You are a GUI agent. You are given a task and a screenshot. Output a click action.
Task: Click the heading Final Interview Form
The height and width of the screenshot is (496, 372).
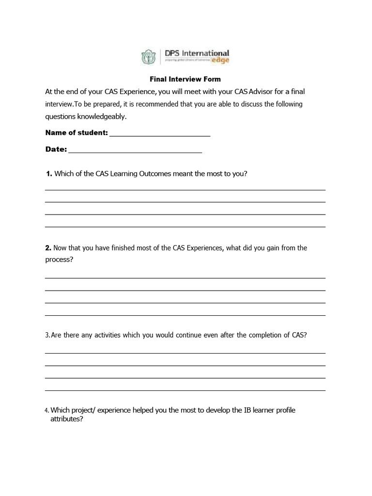point(186,79)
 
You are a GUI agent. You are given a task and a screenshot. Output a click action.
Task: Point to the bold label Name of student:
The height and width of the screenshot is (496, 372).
point(77,133)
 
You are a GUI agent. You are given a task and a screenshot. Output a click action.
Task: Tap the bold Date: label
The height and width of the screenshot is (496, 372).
point(56,149)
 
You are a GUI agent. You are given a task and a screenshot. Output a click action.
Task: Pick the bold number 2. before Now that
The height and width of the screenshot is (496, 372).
point(48,248)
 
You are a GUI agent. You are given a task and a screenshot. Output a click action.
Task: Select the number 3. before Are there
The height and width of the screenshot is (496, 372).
point(47,335)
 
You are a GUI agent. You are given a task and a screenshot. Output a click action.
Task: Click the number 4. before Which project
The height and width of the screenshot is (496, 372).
point(47,411)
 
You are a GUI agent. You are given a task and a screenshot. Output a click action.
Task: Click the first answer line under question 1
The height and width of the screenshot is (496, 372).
point(185,190)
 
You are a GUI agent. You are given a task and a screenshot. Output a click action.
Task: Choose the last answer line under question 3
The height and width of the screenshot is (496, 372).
point(185,390)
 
